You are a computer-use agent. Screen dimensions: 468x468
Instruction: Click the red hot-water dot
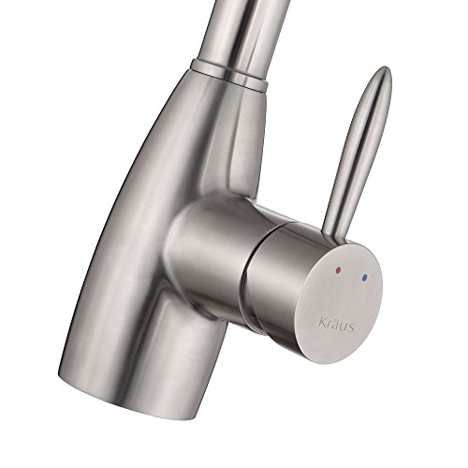[x=338, y=270]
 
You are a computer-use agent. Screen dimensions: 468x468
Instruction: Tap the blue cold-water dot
[x=364, y=277]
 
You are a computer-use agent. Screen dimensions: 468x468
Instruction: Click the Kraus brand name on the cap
[x=336, y=324]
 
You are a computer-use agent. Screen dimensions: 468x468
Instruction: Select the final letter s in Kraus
[x=351, y=328]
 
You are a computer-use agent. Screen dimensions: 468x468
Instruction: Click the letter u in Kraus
[x=343, y=325]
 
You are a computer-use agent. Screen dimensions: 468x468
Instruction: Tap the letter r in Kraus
[x=329, y=323]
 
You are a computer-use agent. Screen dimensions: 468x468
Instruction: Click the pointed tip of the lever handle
[x=386, y=68]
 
